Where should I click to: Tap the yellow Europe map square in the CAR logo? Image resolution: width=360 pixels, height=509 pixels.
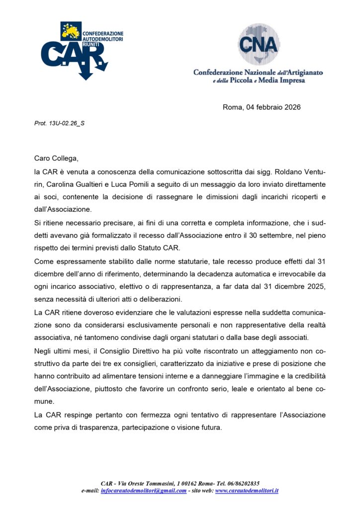pos(70,31)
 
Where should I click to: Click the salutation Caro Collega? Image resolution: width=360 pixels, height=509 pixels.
pos(56,159)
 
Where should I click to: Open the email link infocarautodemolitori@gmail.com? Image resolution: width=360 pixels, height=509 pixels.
pos(144,491)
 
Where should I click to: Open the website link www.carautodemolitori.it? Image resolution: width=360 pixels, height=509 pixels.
pos(247,491)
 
